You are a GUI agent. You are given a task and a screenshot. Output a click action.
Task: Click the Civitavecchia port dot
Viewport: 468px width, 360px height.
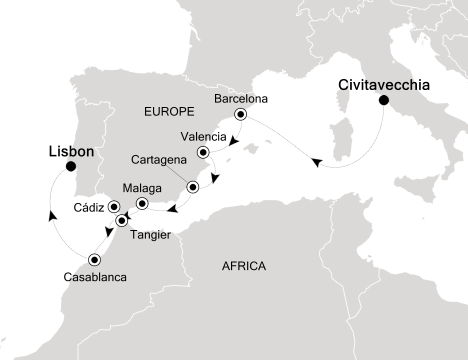coord(383,100)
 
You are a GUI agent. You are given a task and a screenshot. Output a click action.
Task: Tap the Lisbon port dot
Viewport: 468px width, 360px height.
coord(71,166)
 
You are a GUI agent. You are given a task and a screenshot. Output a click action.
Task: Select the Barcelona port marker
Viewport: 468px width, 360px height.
coord(241,114)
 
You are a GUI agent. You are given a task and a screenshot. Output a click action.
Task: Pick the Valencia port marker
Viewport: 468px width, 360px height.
coord(203,151)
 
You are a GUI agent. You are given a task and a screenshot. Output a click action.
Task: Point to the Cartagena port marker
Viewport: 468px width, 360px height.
coord(192,187)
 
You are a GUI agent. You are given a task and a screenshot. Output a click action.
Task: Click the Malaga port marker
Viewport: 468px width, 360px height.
coord(142,203)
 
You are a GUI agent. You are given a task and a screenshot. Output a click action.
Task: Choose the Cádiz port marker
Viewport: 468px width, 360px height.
coord(114,206)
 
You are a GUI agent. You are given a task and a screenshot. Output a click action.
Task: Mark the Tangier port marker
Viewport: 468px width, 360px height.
coord(121,220)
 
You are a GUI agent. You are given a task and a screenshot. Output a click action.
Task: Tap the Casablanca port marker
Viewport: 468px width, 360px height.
coord(94,259)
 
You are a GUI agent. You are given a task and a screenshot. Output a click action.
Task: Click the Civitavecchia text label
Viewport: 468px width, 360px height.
coord(384,84)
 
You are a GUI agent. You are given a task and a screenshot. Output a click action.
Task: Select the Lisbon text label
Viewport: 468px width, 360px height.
coord(71,152)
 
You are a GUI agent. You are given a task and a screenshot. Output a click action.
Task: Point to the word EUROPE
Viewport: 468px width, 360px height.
coord(169,112)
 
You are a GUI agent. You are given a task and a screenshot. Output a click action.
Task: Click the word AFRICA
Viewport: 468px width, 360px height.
coord(243,266)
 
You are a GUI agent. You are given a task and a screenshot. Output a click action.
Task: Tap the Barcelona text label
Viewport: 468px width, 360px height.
coord(241,98)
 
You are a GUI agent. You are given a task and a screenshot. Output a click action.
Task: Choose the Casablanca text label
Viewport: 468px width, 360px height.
coord(95,276)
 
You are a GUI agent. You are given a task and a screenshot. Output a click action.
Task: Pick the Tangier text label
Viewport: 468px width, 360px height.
coord(151,234)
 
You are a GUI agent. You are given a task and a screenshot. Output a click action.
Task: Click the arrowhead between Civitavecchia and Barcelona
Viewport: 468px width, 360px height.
coord(316,162)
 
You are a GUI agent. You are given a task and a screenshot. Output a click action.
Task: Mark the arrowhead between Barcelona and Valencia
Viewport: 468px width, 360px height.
coord(232,142)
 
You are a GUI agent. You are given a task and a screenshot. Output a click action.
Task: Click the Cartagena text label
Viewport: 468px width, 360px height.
coord(158,161)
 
